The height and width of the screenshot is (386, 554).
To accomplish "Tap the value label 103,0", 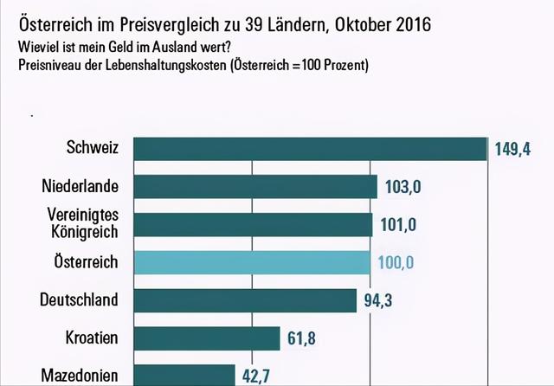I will click(401, 187).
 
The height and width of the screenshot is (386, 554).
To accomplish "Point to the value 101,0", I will click(399, 225).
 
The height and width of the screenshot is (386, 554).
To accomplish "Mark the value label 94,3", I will click(379, 300).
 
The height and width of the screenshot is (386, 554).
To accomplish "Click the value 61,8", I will click(301, 338).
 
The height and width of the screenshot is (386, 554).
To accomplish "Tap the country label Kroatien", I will click(92, 337).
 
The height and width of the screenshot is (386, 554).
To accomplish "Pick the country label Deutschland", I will click(79, 299).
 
